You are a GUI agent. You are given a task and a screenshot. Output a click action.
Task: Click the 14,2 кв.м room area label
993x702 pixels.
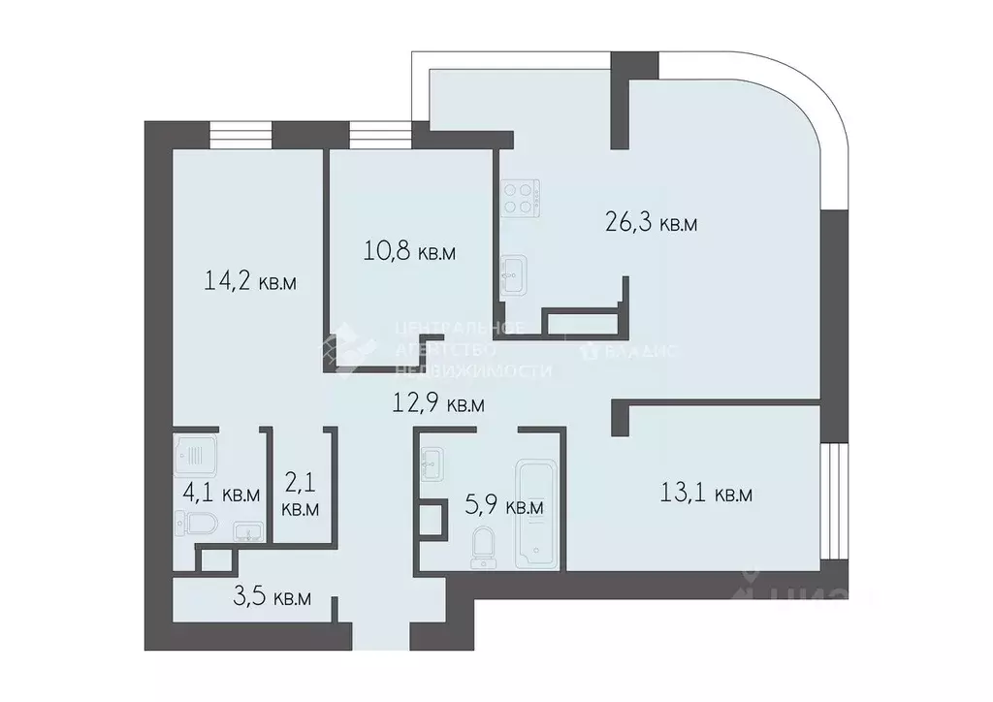pos(250,282)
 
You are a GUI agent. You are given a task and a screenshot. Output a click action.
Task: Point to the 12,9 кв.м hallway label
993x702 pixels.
pos(436,404)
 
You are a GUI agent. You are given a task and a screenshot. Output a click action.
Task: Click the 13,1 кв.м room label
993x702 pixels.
pos(706,495)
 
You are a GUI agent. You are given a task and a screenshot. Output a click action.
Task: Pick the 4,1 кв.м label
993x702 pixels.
pos(221,494)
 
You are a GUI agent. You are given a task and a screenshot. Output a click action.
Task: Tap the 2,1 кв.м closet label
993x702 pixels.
pos(301,492)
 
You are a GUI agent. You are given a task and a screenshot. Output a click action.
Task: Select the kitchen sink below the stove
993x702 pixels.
pos(513,275)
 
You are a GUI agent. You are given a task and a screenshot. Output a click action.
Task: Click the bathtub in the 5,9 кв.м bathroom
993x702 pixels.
pos(536,514)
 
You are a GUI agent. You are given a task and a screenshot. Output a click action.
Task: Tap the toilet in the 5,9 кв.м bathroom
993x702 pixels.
pos(482,548)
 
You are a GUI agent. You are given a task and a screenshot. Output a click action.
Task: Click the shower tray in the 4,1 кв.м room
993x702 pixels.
pos(195,452)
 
